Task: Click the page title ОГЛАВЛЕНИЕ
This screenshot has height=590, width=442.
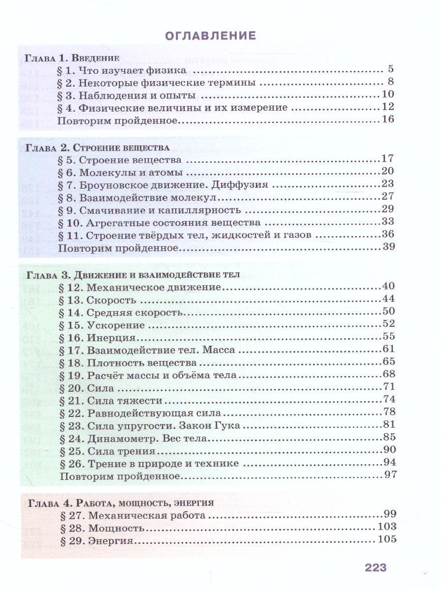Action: tap(210, 35)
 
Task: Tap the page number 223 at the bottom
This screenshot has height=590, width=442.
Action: tap(376, 567)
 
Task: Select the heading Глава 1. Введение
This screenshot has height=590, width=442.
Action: tap(72, 58)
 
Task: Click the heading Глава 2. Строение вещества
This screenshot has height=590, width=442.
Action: tap(97, 147)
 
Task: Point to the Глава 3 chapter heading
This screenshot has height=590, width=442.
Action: tap(132, 274)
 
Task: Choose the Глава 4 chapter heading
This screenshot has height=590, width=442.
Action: tap(121, 502)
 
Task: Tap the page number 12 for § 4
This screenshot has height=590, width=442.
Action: tap(387, 107)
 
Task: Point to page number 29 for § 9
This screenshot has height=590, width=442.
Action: tap(388, 209)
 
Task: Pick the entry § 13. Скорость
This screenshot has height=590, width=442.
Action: tap(97, 299)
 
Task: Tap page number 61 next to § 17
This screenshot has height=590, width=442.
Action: tap(388, 350)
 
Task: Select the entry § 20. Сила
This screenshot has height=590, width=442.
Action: tap(86, 388)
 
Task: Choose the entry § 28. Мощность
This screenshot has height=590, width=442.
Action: tap(102, 528)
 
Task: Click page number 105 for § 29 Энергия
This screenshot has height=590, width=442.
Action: tap(387, 540)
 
